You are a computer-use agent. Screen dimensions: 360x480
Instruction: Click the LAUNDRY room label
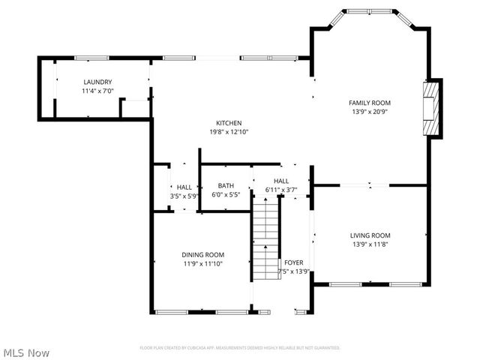pos(97,82)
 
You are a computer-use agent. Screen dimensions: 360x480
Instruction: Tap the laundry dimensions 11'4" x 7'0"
pos(97,91)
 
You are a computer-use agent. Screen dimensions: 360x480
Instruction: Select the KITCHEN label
pos(229,123)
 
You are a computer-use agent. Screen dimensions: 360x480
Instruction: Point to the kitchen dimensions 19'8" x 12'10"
pos(229,132)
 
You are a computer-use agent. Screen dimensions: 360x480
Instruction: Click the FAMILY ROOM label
pos(370,103)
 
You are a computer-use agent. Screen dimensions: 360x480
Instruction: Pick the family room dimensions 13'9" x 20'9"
pos(370,112)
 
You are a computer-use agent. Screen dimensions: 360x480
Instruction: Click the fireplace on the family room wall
pos(430,108)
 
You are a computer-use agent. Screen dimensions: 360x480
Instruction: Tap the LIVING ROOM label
pos(370,235)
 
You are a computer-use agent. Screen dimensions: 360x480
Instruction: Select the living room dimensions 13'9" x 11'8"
pos(370,244)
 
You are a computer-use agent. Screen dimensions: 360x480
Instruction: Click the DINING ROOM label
pos(203,254)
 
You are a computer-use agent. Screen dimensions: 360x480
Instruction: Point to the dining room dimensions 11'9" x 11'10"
pos(203,263)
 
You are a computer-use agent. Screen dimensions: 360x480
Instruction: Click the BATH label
pos(226,186)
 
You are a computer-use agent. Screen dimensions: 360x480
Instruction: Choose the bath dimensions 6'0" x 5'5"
pos(226,195)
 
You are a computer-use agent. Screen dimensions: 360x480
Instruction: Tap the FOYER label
pos(293,262)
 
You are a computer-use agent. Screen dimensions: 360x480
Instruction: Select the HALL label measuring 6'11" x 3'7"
pos(281,181)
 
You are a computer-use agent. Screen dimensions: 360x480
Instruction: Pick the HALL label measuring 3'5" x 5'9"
pos(184,187)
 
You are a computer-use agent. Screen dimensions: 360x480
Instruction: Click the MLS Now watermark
pos(26,352)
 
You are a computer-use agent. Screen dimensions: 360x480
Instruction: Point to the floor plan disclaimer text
pos(240,348)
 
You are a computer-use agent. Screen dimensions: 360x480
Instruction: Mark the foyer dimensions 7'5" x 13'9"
pos(293,271)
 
